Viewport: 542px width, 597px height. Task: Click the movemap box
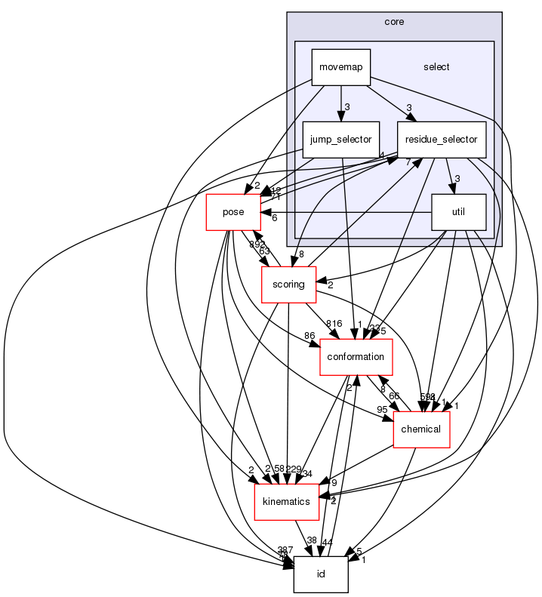pos(341,67)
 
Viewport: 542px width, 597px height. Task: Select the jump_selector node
pos(341,140)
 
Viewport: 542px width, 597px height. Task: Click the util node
pos(458,213)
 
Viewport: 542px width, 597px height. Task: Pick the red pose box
pos(233,212)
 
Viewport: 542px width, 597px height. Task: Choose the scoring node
pos(288,285)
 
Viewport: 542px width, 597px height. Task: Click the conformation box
pos(357,357)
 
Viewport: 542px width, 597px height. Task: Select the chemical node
pos(422,429)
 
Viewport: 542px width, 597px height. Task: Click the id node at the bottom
pos(321,574)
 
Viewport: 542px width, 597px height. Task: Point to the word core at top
pos(394,22)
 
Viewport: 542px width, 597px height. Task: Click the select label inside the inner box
pos(436,67)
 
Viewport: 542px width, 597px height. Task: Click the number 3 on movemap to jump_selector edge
pos(347,107)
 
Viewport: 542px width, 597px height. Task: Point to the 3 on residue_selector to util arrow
pos(457,179)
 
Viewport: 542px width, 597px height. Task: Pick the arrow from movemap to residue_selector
pos(389,103)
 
